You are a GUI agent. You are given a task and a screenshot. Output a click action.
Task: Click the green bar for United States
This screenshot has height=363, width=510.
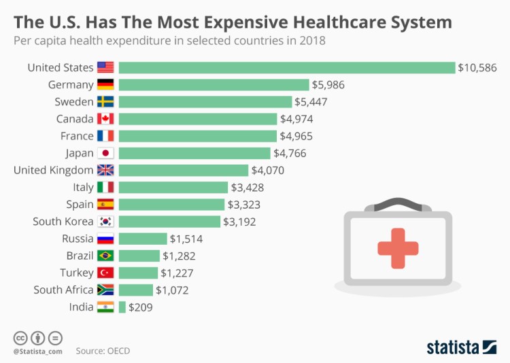(x=286, y=67)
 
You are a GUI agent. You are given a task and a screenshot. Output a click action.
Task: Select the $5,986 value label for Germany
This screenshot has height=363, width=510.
(x=329, y=84)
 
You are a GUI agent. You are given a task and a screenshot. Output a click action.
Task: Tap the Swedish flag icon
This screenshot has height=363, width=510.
(x=105, y=102)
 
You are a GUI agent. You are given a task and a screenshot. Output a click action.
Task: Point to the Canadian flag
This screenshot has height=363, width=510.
(x=105, y=119)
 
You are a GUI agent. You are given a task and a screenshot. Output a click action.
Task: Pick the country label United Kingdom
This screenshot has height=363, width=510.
(x=53, y=170)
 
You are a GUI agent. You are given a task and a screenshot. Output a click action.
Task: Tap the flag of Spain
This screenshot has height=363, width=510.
(x=105, y=204)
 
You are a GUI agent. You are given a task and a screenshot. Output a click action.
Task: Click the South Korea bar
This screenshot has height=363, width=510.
(x=169, y=221)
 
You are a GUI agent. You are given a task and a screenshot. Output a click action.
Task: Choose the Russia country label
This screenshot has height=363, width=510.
(x=76, y=239)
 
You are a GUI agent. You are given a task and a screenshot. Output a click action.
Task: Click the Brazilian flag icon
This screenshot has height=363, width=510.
(x=105, y=256)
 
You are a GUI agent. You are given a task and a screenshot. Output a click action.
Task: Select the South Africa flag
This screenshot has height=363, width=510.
(x=105, y=290)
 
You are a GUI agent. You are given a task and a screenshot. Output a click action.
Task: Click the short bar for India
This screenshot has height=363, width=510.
(x=122, y=307)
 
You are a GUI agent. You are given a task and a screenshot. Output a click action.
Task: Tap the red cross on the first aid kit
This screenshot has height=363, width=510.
(x=397, y=247)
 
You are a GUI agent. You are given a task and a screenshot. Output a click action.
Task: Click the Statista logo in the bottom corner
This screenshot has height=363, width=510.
(x=461, y=347)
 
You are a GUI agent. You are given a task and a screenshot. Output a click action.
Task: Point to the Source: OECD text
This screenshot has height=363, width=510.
(x=103, y=351)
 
